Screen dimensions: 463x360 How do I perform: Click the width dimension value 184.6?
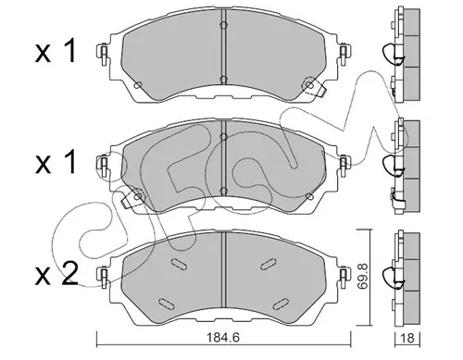[x=224, y=338]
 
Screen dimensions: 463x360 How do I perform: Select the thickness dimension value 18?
[x=408, y=338]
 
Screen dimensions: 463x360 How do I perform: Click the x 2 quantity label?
[x=56, y=274]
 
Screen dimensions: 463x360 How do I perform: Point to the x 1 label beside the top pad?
[x=56, y=52]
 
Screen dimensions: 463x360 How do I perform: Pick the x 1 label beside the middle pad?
[x=56, y=162]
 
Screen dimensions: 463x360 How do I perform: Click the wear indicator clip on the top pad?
[x=314, y=87]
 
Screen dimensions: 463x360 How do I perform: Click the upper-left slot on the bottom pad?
[x=179, y=265]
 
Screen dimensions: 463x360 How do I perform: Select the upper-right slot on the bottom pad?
[x=269, y=264]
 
